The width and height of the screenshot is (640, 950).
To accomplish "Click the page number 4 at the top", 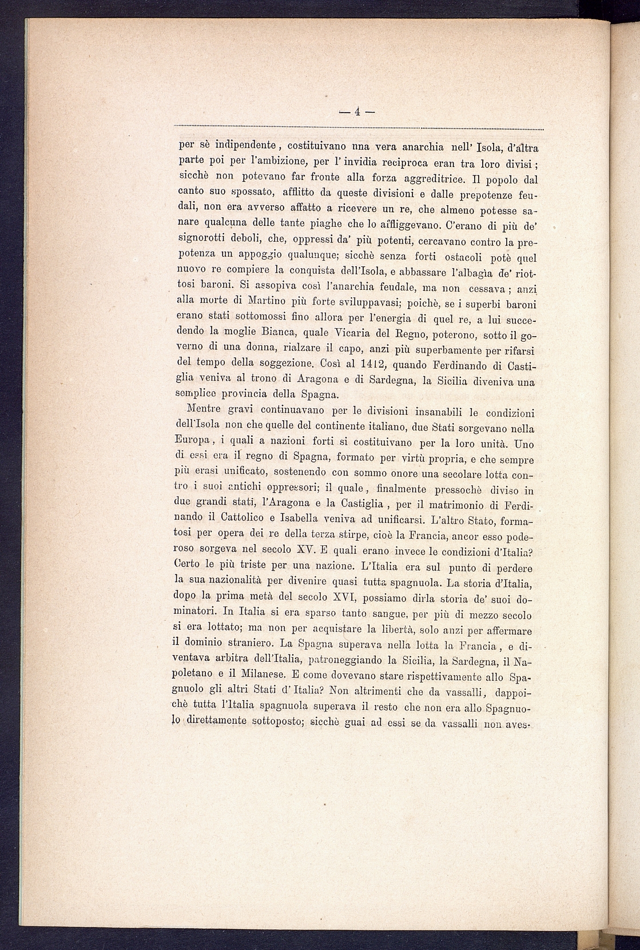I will click(356, 112).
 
